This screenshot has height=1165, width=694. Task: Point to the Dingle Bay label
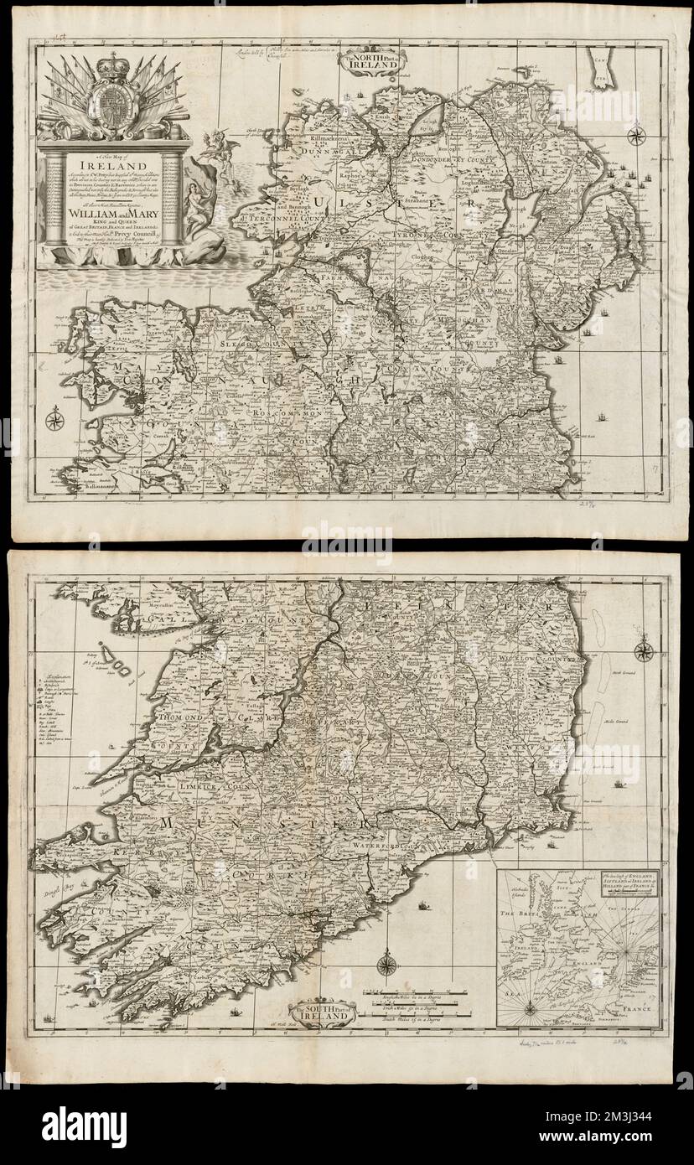tap(55, 894)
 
